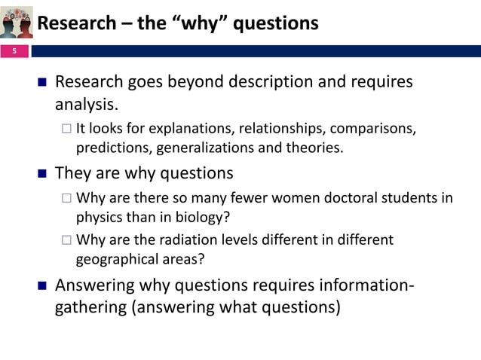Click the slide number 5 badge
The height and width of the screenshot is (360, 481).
click(x=12, y=51)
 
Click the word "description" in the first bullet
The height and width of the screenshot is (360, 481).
click(x=253, y=81)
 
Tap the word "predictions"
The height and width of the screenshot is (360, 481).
click(x=111, y=148)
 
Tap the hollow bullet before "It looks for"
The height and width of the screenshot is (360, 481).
click(x=66, y=129)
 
